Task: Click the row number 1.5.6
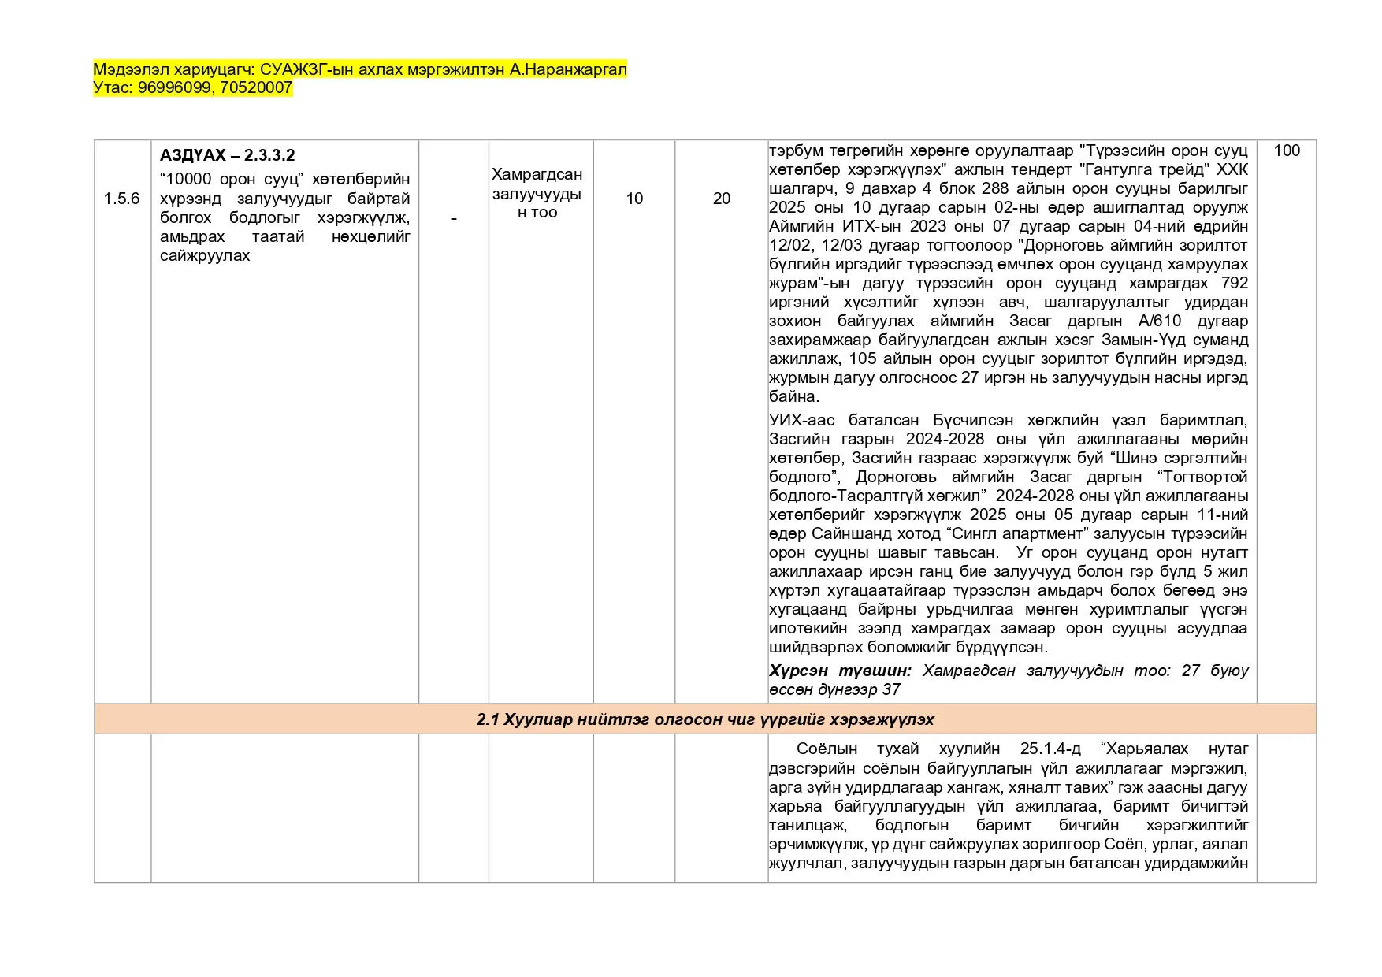pos(121,199)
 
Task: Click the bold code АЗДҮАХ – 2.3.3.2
pos(227,155)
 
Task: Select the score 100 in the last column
pos(1287,150)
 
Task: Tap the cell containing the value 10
pos(634,199)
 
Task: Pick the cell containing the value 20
pos(722,199)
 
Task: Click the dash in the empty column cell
pos(454,218)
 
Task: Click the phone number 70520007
pos(256,87)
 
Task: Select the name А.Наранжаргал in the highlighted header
pos(568,69)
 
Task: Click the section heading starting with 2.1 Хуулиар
pos(705,719)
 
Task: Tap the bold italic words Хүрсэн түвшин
pos(840,671)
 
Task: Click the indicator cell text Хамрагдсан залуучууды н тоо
pos(537,193)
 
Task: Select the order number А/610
pos(1160,321)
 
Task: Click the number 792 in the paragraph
pos(1235,283)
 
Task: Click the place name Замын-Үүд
pos(1151,340)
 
